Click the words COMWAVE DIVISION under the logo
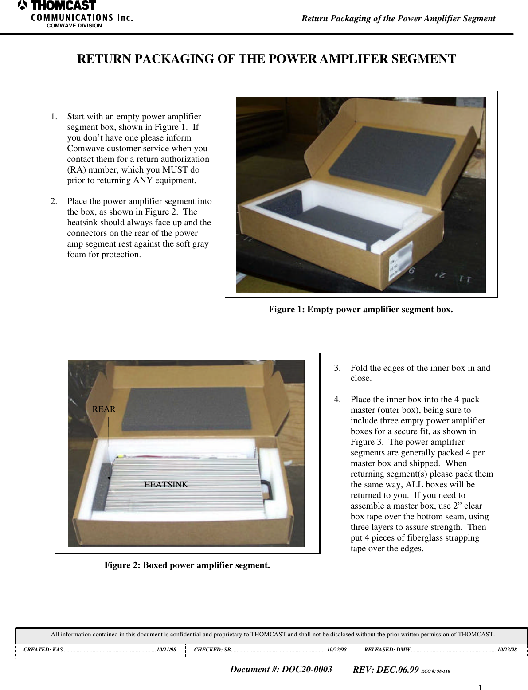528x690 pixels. click(74, 26)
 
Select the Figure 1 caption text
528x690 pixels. click(360, 310)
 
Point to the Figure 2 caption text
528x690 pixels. click(187, 565)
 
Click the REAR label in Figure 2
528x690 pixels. click(104, 409)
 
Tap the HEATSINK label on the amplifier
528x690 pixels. click(166, 485)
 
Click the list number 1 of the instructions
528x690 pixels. click(53, 117)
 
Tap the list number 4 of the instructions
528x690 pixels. click(337, 400)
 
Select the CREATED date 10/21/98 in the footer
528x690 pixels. click(166, 650)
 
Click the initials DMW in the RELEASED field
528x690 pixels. click(403, 650)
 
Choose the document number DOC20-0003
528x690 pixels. click(306, 670)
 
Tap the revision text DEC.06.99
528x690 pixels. click(397, 670)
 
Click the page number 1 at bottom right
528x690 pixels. click(480, 687)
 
